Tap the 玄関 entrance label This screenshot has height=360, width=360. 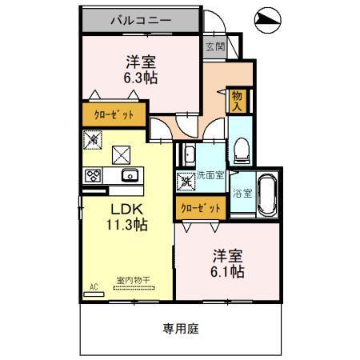tap(214, 46)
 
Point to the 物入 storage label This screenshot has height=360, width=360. tap(237, 99)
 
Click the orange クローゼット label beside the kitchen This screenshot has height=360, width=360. tap(114, 114)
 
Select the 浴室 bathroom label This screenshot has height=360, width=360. tap(242, 193)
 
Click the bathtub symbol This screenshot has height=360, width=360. tap(267, 194)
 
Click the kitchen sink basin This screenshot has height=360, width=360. tap(128, 175)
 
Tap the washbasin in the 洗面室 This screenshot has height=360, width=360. tap(190, 154)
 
